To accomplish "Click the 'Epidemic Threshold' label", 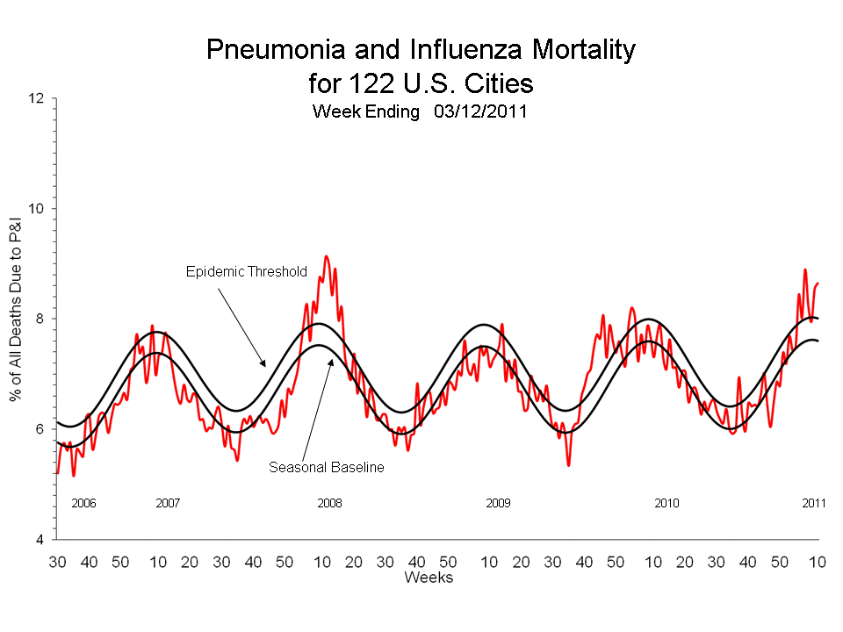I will click(246, 271).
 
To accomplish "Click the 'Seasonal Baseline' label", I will click(326, 468).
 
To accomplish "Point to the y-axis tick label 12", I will click(36, 98).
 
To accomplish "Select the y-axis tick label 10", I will click(36, 209).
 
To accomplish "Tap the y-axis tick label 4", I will click(40, 539).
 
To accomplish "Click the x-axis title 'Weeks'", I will click(429, 577).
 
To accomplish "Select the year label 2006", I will click(83, 504).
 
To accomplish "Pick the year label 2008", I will click(329, 504).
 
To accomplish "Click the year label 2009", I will click(498, 504).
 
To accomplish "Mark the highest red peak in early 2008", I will click(327, 256).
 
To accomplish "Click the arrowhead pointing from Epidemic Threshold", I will click(263, 363).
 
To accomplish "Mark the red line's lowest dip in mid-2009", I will click(568, 464).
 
